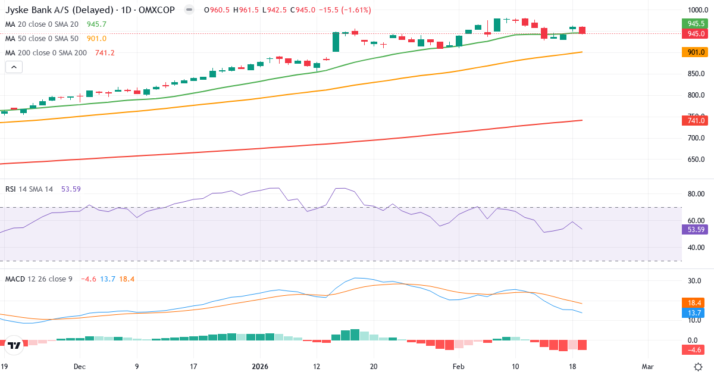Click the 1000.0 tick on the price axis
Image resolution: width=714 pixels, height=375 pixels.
click(x=696, y=10)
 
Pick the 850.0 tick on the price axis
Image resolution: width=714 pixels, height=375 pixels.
click(x=696, y=74)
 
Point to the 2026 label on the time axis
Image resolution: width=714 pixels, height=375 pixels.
click(x=261, y=366)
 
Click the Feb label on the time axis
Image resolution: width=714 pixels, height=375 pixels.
click(x=458, y=366)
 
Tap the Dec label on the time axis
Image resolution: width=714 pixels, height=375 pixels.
click(x=80, y=366)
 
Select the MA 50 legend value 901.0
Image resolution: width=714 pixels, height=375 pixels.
click(x=96, y=39)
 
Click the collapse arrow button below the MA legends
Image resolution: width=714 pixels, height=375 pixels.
click(x=14, y=67)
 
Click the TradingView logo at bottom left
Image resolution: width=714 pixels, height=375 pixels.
click(x=15, y=345)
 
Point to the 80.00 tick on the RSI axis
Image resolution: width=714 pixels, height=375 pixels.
click(x=696, y=194)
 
